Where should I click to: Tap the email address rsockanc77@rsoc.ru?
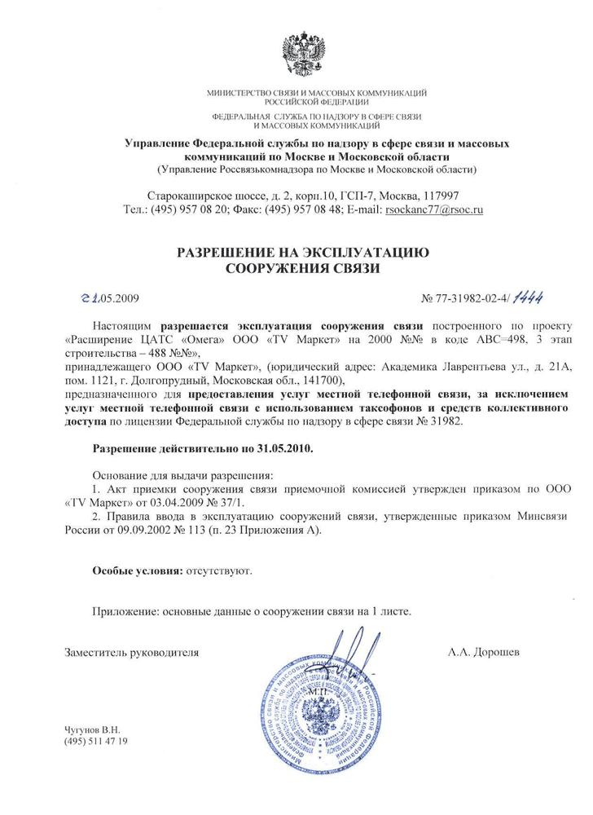click(x=435, y=209)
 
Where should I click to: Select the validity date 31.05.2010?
click(x=283, y=448)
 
